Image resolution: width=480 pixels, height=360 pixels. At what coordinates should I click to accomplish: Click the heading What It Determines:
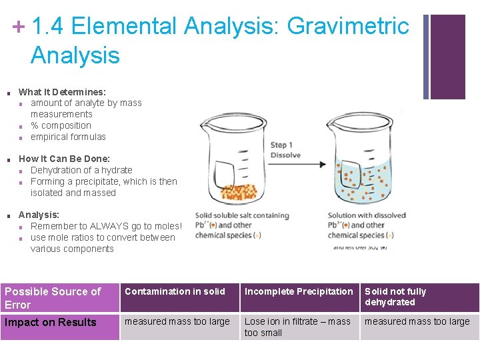point(62,92)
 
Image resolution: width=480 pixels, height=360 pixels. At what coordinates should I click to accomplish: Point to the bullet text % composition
point(61,125)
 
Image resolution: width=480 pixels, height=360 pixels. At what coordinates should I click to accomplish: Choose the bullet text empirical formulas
point(68,137)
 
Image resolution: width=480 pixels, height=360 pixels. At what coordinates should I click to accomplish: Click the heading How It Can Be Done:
point(64,159)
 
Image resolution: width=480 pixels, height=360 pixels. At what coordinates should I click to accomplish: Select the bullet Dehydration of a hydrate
point(81,170)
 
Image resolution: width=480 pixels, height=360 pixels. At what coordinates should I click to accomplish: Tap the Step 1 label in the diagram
point(281,145)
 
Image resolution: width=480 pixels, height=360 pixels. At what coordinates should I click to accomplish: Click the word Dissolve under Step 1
point(285,155)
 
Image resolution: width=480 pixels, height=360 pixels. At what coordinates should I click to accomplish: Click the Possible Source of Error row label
point(53,298)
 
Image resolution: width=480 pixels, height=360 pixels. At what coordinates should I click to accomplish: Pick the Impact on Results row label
point(51,322)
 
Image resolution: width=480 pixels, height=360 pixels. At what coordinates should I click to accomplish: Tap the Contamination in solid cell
point(175,291)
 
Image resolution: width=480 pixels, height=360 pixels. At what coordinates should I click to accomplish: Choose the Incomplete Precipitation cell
point(299,291)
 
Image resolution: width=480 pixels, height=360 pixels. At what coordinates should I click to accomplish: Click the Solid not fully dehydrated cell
point(395,297)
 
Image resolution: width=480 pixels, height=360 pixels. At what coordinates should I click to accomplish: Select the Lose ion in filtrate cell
point(297,327)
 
